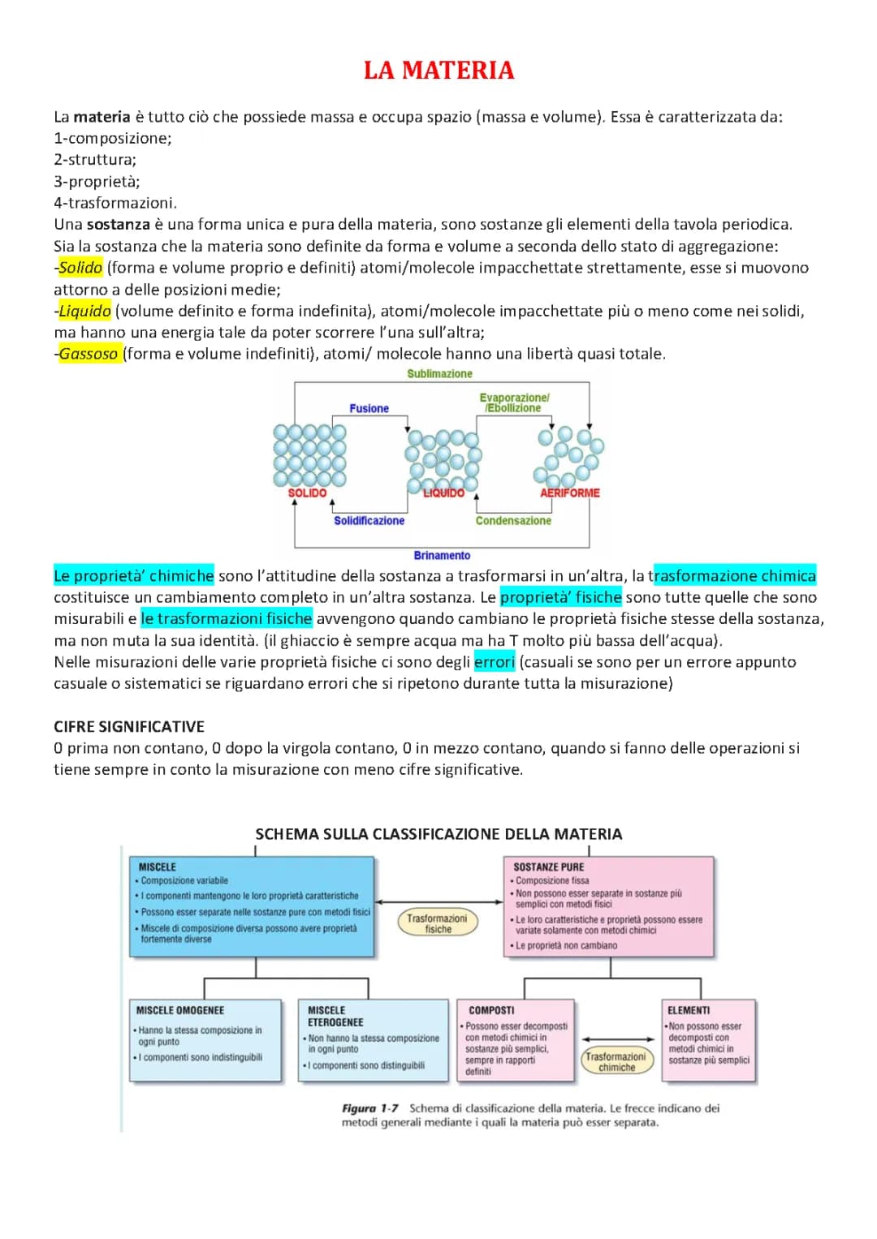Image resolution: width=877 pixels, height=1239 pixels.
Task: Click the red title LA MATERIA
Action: pyautogui.click(x=438, y=71)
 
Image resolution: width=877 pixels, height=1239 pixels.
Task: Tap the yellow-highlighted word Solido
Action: pyautogui.click(x=80, y=268)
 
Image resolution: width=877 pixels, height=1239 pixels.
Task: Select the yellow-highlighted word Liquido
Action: pyautogui.click(x=84, y=311)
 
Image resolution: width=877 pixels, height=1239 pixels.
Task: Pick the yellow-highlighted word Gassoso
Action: pyautogui.click(x=89, y=354)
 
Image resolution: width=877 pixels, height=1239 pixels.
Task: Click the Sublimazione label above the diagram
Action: pyautogui.click(x=439, y=374)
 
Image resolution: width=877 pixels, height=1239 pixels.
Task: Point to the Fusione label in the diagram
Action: pyautogui.click(x=369, y=409)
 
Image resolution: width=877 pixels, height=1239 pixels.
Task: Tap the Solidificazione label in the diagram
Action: pyautogui.click(x=369, y=521)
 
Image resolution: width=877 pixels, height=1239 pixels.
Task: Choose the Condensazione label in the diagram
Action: pyautogui.click(x=513, y=521)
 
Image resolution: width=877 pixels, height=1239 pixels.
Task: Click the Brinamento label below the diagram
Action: pyautogui.click(x=442, y=556)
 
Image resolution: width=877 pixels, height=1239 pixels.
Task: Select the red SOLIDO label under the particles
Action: pyautogui.click(x=307, y=493)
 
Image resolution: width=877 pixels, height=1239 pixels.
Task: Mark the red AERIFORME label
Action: pyautogui.click(x=569, y=493)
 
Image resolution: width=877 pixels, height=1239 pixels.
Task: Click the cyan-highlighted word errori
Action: pyautogui.click(x=495, y=662)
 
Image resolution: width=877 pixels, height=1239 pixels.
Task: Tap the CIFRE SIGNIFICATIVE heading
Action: pyautogui.click(x=129, y=727)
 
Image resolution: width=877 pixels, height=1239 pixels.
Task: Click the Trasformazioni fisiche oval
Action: pyautogui.click(x=438, y=923)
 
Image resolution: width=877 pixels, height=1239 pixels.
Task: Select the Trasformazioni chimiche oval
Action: pyautogui.click(x=616, y=1061)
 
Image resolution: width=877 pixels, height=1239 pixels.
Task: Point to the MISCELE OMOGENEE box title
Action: pyautogui.click(x=180, y=1011)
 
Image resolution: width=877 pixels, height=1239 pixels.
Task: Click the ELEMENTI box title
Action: pyautogui.click(x=689, y=1011)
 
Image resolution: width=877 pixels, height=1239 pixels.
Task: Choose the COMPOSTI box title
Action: pyautogui.click(x=491, y=1011)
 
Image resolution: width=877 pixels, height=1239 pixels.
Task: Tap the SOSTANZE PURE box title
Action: pyautogui.click(x=549, y=867)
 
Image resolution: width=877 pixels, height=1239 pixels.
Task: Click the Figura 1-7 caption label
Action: pyautogui.click(x=370, y=1108)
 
